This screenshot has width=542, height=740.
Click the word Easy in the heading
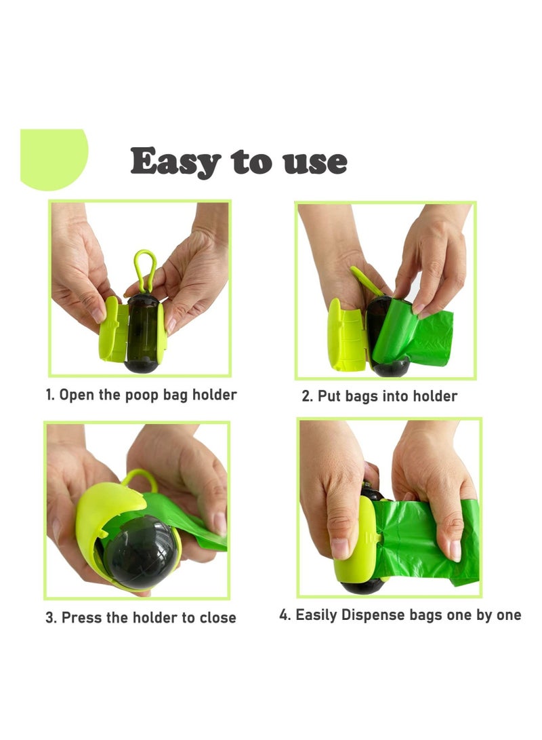point(175,161)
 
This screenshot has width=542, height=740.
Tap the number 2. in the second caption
point(307,396)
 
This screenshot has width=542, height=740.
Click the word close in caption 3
point(217,617)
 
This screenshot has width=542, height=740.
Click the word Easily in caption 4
point(316,615)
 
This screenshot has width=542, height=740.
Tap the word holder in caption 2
point(434,396)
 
